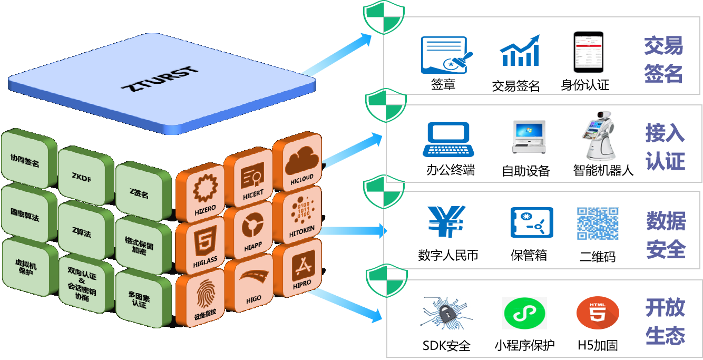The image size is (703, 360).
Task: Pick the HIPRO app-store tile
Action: tap(302, 266)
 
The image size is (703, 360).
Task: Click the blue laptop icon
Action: tap(448, 139)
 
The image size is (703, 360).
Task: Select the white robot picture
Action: tap(601, 135)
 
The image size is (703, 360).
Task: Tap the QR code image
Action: tap(598, 223)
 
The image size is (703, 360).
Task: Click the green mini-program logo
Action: tap(524, 313)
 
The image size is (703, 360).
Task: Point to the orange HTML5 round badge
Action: tap(597, 313)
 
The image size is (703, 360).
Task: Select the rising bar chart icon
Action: tap(520, 51)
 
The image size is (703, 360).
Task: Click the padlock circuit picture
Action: tap(446, 313)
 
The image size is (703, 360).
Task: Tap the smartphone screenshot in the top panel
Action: tap(588, 52)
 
